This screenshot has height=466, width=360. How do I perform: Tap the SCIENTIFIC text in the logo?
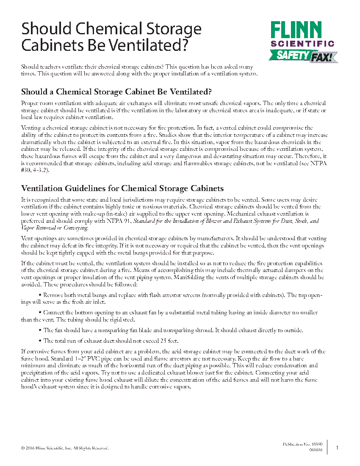point(302,44)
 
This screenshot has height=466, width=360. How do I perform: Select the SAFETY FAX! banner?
point(302,55)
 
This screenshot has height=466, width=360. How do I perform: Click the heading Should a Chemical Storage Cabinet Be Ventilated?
point(116,92)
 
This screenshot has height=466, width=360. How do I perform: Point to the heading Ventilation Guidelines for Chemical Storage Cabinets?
point(122,188)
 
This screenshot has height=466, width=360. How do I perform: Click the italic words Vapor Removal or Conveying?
point(55,228)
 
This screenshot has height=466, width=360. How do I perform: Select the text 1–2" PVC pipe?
point(86,358)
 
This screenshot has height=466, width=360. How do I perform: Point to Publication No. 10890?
point(302,444)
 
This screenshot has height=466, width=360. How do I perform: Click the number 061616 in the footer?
point(316,450)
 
